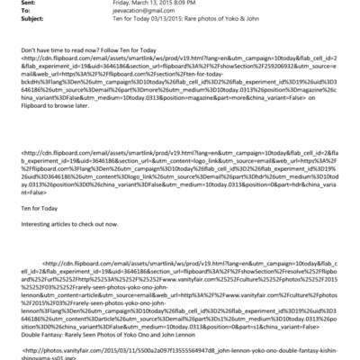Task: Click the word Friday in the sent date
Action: click(x=112, y=4)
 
